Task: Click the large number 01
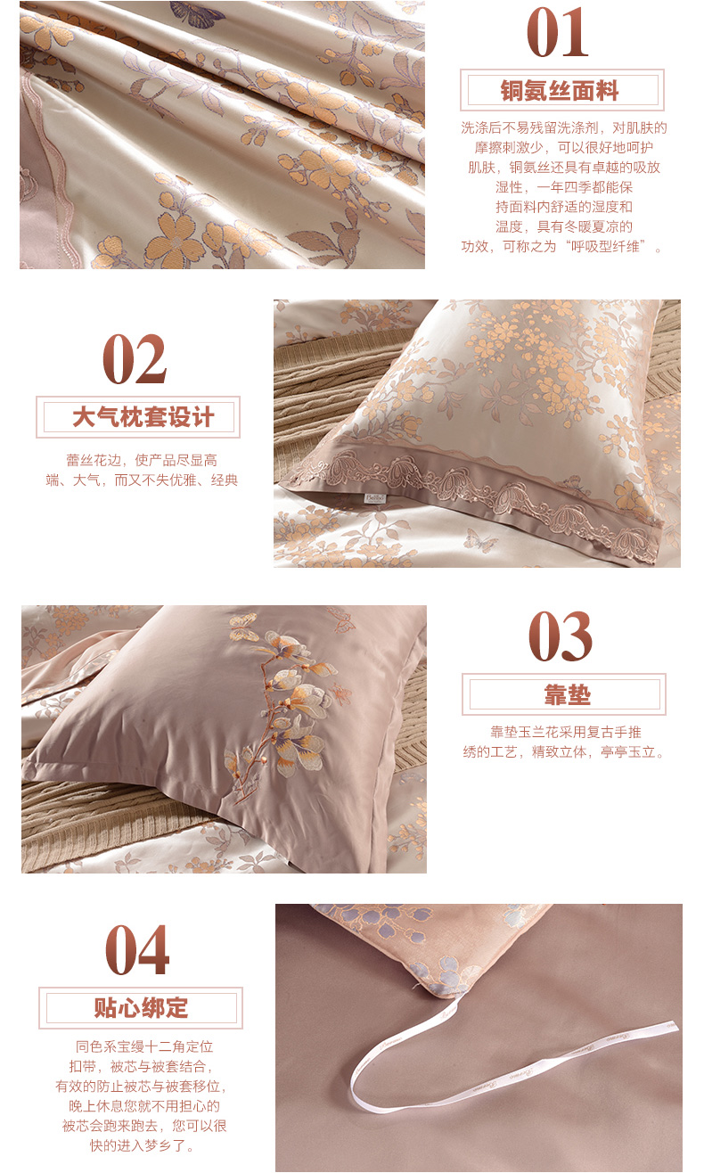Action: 558,32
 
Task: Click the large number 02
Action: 135,358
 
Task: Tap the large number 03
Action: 560,636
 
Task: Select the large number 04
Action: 137,949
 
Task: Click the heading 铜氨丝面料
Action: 560,91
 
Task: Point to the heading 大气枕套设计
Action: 143,417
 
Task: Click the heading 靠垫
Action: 568,695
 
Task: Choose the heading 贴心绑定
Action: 141,1007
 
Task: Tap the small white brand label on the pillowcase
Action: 375,498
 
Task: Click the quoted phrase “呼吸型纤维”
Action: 607,247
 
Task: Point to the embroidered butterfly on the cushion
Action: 244,625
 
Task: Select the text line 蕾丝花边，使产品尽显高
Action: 142,460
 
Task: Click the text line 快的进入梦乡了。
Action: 143,1145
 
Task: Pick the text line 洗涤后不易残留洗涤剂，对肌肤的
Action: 564,127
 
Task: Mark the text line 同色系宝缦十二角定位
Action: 144,1046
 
